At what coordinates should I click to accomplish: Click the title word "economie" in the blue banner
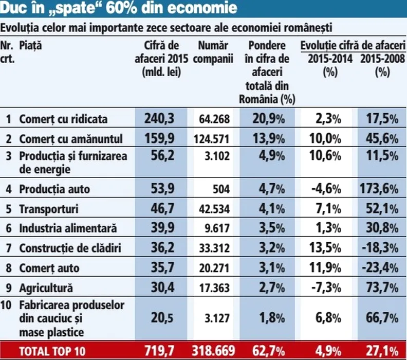coord(205,9)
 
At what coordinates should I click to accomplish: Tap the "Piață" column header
coord(30,46)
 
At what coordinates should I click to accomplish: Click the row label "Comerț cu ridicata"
coord(63,119)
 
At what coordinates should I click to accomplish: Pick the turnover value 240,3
coord(158,119)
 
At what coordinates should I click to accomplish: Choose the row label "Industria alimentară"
coord(68,228)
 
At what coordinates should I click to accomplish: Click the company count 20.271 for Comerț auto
coord(214,268)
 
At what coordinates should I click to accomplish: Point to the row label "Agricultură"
coord(46,288)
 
